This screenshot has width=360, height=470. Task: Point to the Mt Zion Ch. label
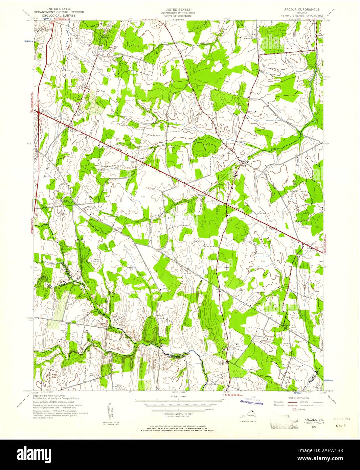point(72,130)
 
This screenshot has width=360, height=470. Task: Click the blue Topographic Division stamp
point(250,402)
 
